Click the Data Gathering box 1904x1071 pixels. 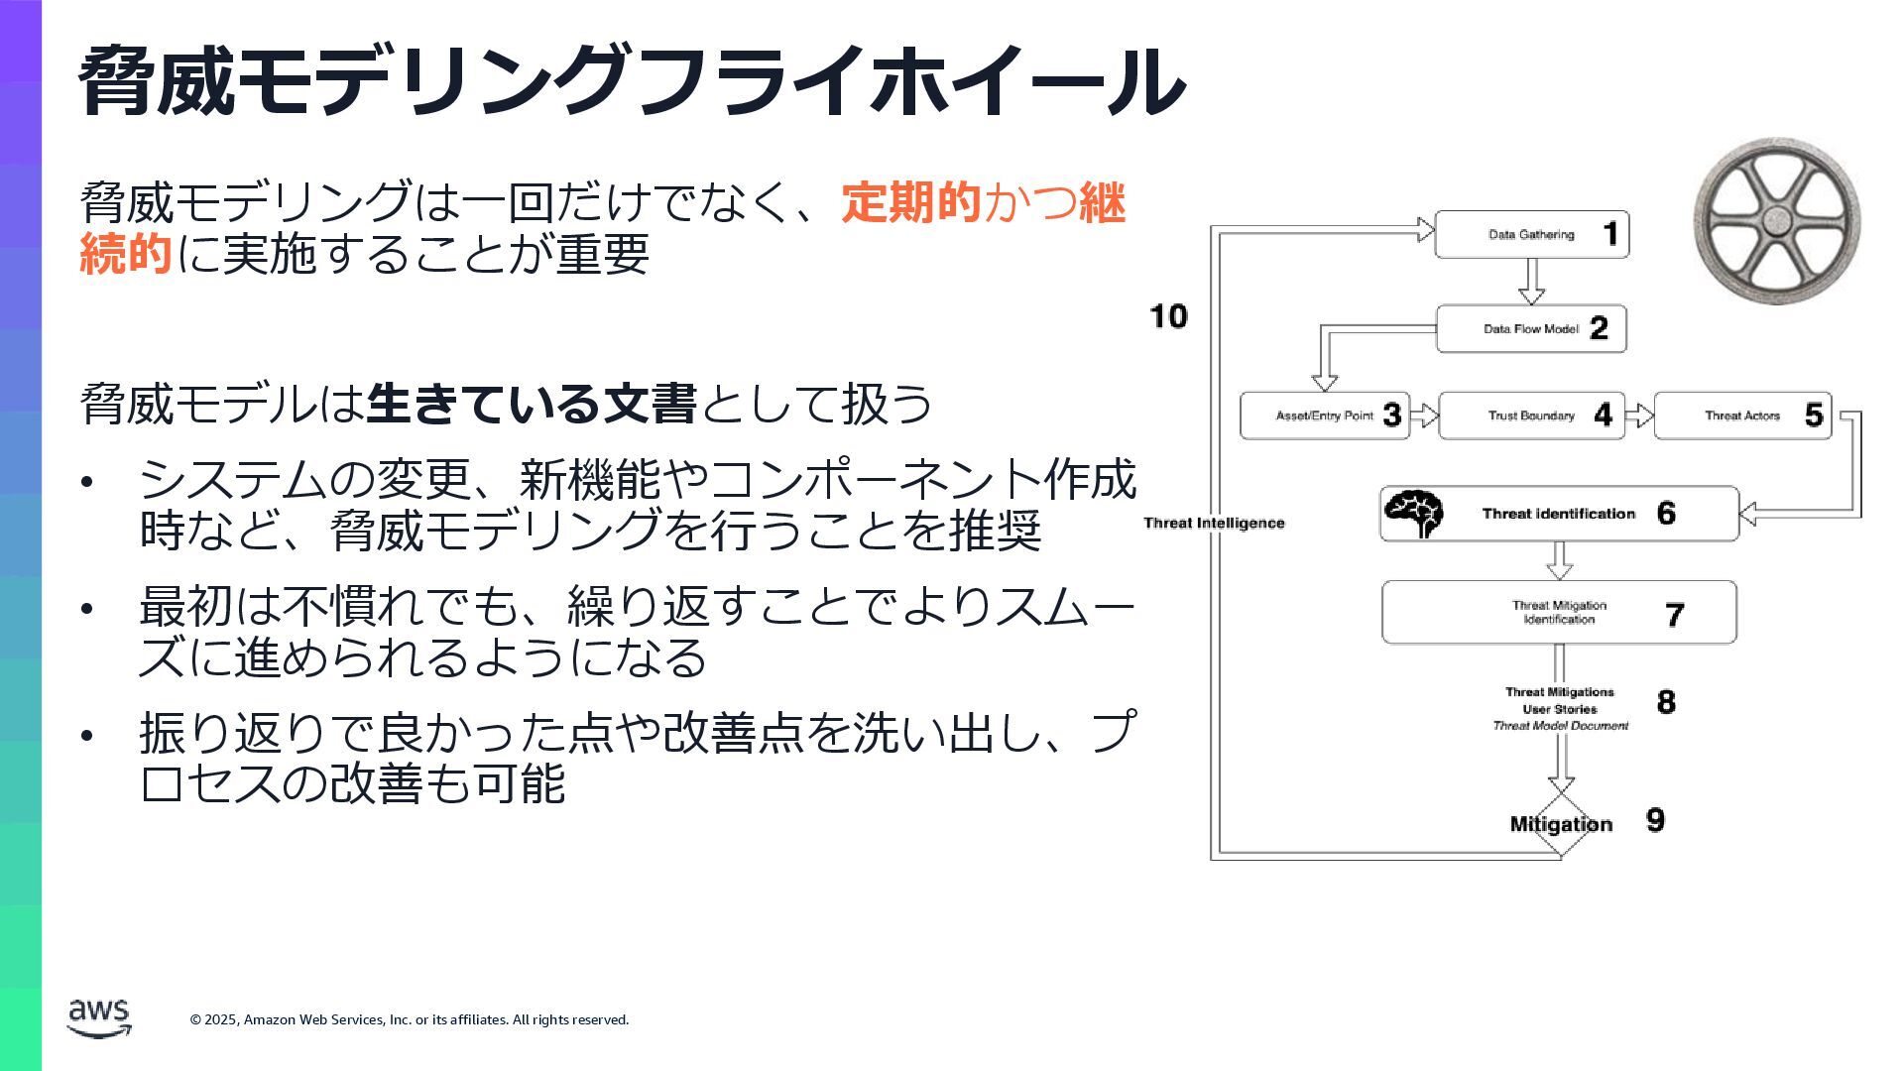tap(1531, 235)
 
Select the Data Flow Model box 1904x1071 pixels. tap(1531, 329)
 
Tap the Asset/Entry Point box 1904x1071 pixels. tap(1325, 416)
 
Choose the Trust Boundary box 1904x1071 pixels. tap(1531, 416)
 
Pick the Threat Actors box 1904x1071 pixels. tap(1742, 416)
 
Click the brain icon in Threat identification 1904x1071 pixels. tap(1414, 514)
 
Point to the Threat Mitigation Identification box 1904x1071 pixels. tap(1559, 613)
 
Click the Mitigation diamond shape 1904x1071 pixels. tap(1561, 824)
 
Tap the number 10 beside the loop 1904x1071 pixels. tap(1168, 316)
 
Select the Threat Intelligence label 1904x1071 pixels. tap(1214, 524)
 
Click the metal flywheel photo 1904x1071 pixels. tap(1776, 220)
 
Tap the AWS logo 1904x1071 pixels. tap(98, 1017)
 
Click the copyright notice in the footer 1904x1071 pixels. tap(410, 1019)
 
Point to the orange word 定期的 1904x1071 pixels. tap(911, 202)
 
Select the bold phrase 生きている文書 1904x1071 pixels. tap(532, 404)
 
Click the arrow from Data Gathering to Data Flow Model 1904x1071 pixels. tap(1531, 282)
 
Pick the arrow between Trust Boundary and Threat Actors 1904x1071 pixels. tap(1639, 416)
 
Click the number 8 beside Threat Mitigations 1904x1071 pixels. tap(1666, 702)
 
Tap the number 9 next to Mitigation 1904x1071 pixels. tap(1655, 820)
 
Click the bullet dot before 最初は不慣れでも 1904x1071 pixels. tap(87, 608)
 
